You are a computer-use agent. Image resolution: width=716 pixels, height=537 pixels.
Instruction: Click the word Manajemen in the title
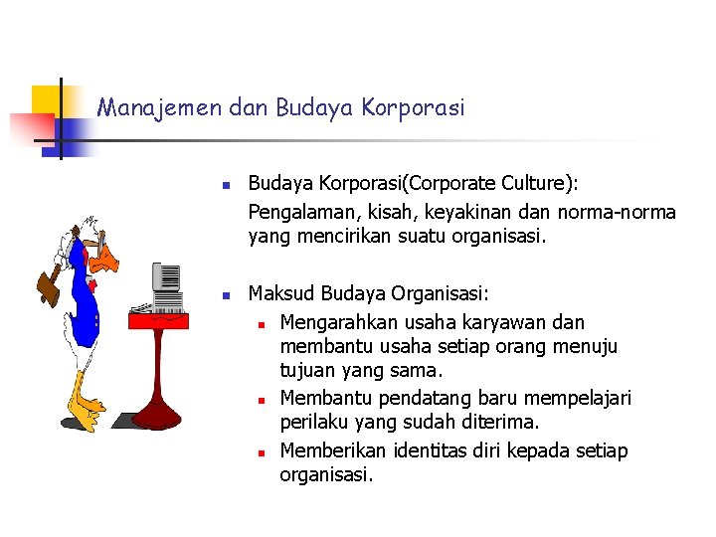[x=160, y=106]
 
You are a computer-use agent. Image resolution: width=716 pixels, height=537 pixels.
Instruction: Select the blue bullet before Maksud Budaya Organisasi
[x=226, y=295]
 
